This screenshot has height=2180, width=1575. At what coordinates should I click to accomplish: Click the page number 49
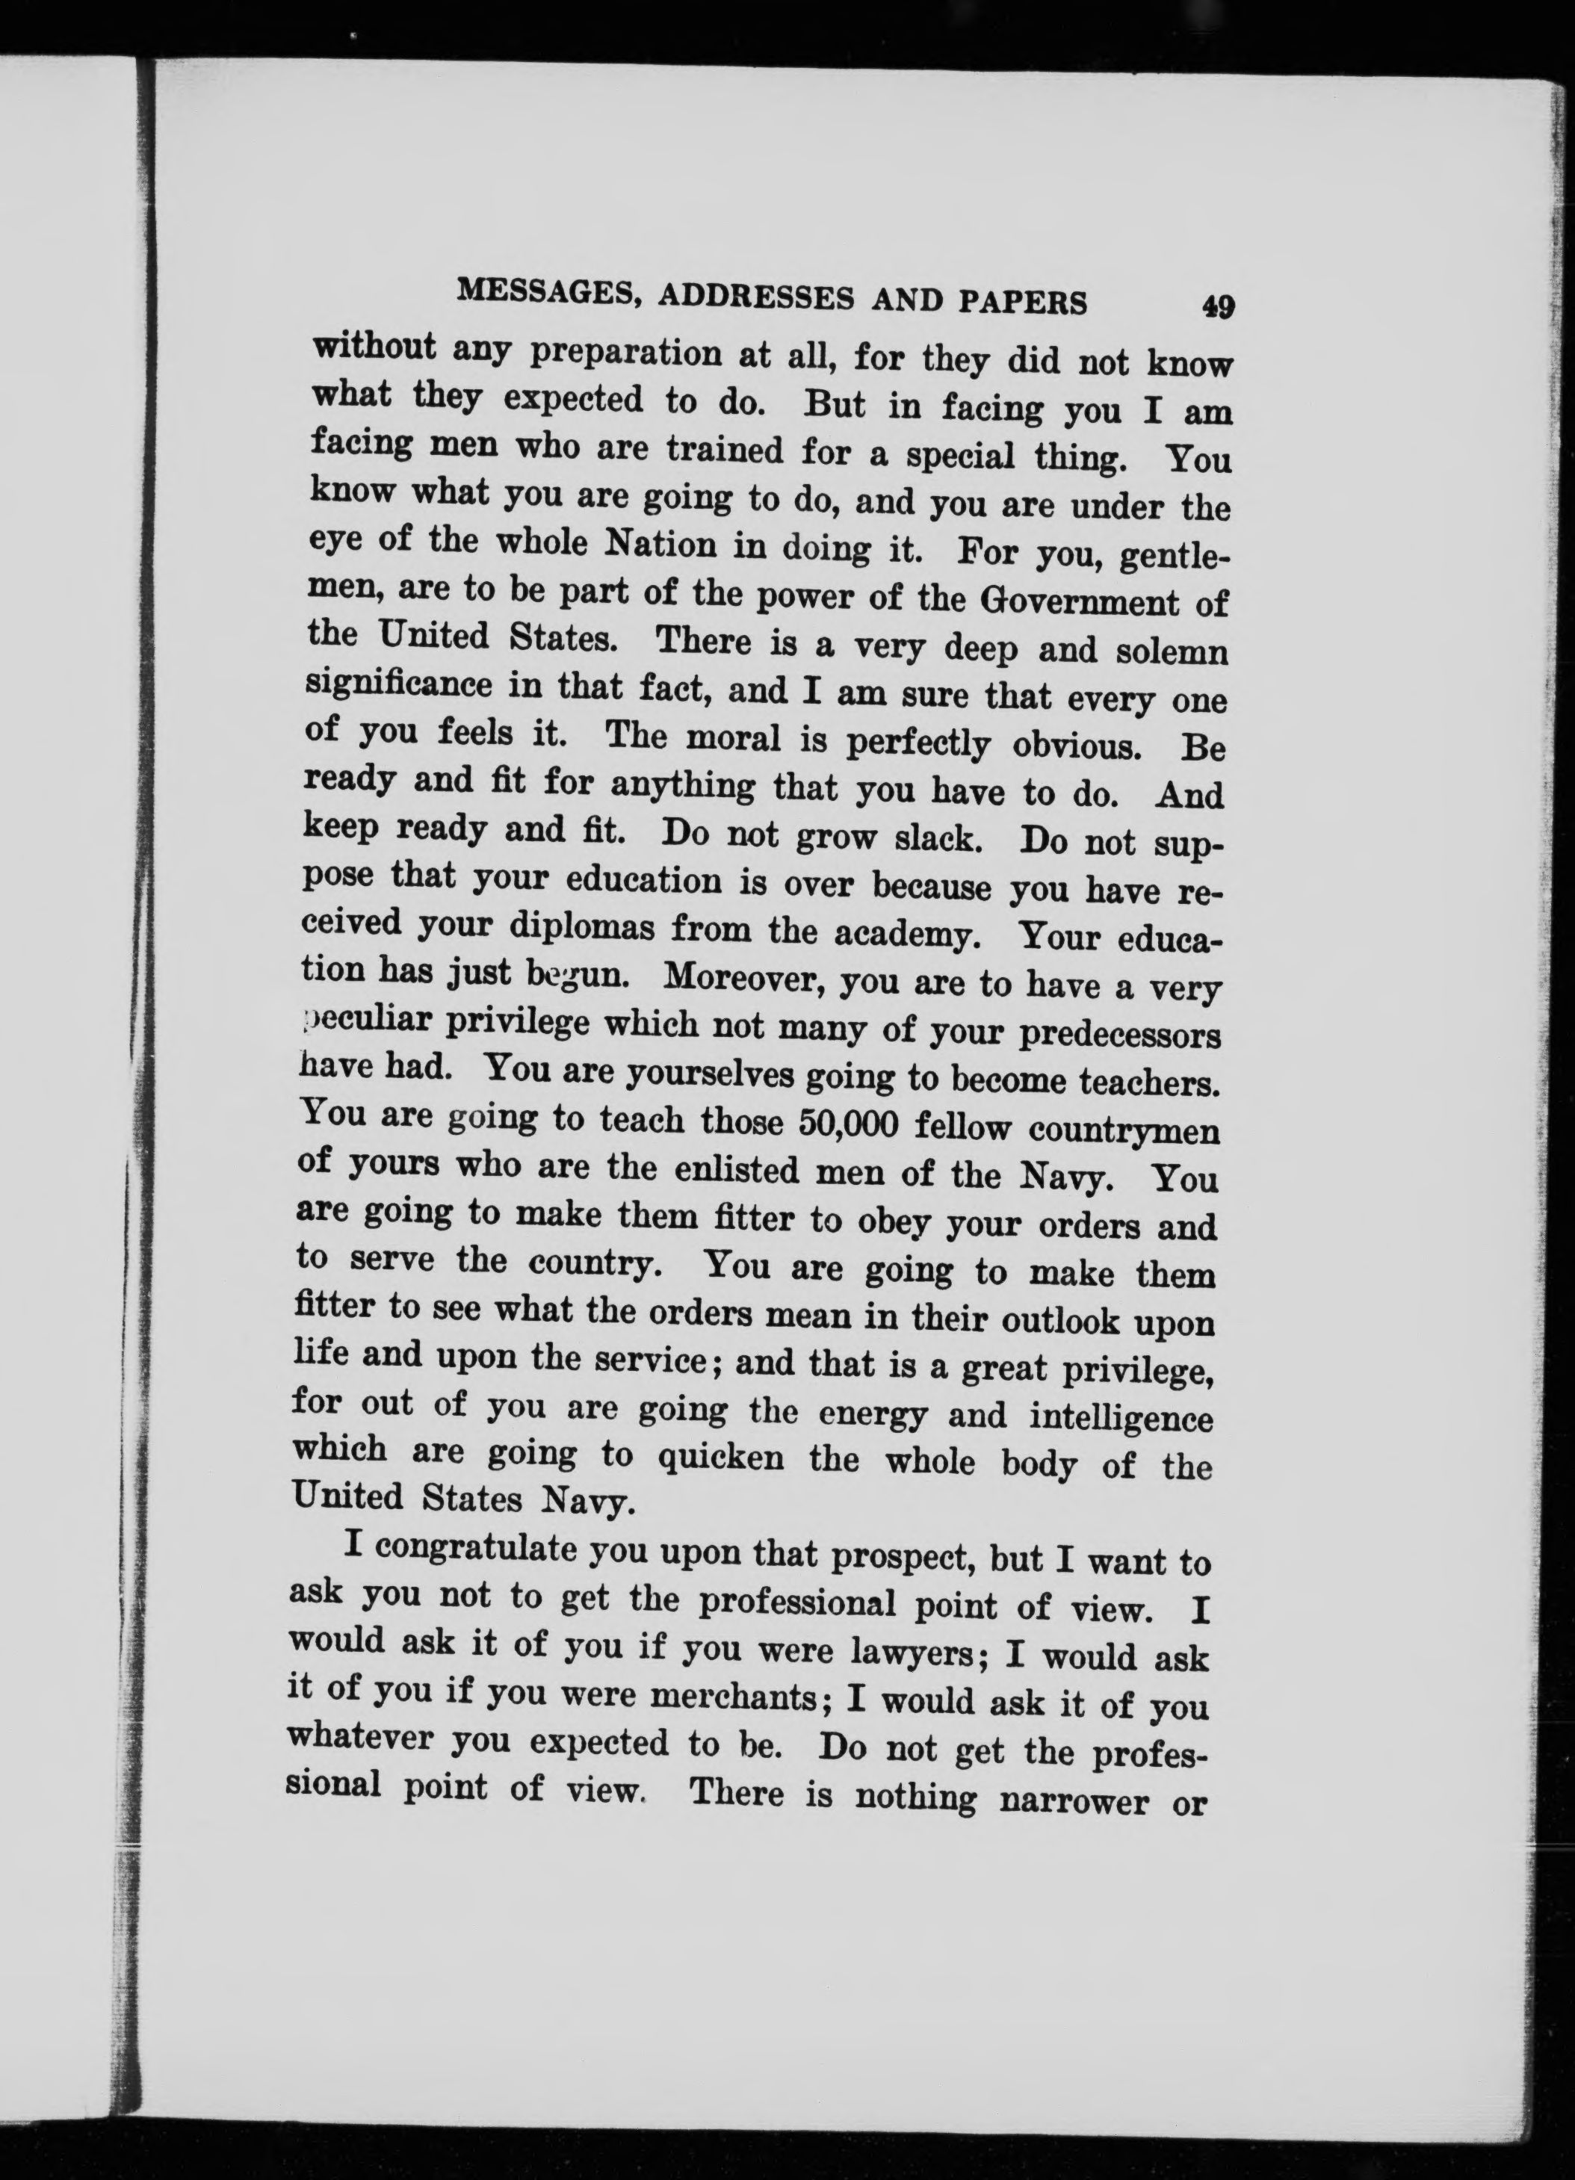pos(1216,306)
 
